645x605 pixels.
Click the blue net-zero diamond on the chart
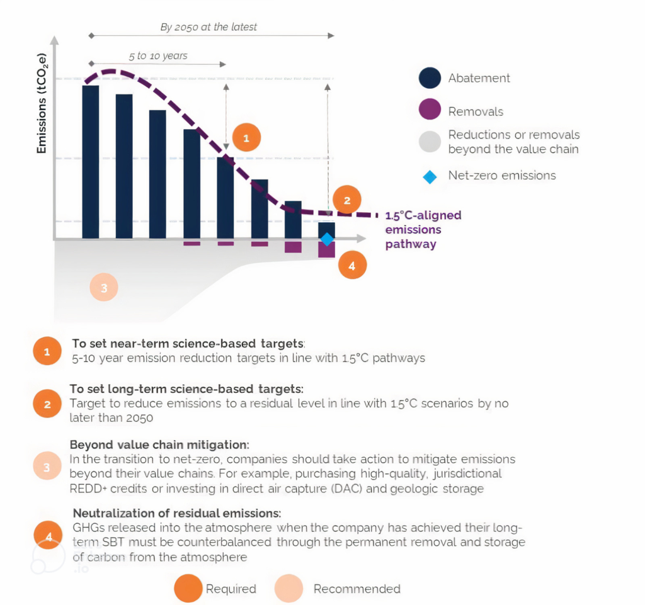[x=326, y=239]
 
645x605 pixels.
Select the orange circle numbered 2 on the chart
[x=346, y=201]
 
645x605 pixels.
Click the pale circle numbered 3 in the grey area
[x=104, y=288]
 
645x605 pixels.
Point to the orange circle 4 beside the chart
[x=351, y=266]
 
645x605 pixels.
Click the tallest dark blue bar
[x=91, y=162]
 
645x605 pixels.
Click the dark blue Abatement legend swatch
[x=430, y=78]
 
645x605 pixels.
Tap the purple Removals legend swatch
[x=430, y=111]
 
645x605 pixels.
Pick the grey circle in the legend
[x=430, y=142]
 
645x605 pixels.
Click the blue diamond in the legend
[x=430, y=176]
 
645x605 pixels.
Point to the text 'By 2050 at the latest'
[x=208, y=27]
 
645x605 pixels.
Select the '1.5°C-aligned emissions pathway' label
[x=423, y=229]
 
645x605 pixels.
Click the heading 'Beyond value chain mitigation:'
[x=159, y=444]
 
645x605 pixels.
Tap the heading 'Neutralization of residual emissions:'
[x=177, y=512]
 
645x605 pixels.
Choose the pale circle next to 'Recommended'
[x=289, y=589]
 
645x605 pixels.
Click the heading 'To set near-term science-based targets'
[x=188, y=344]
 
